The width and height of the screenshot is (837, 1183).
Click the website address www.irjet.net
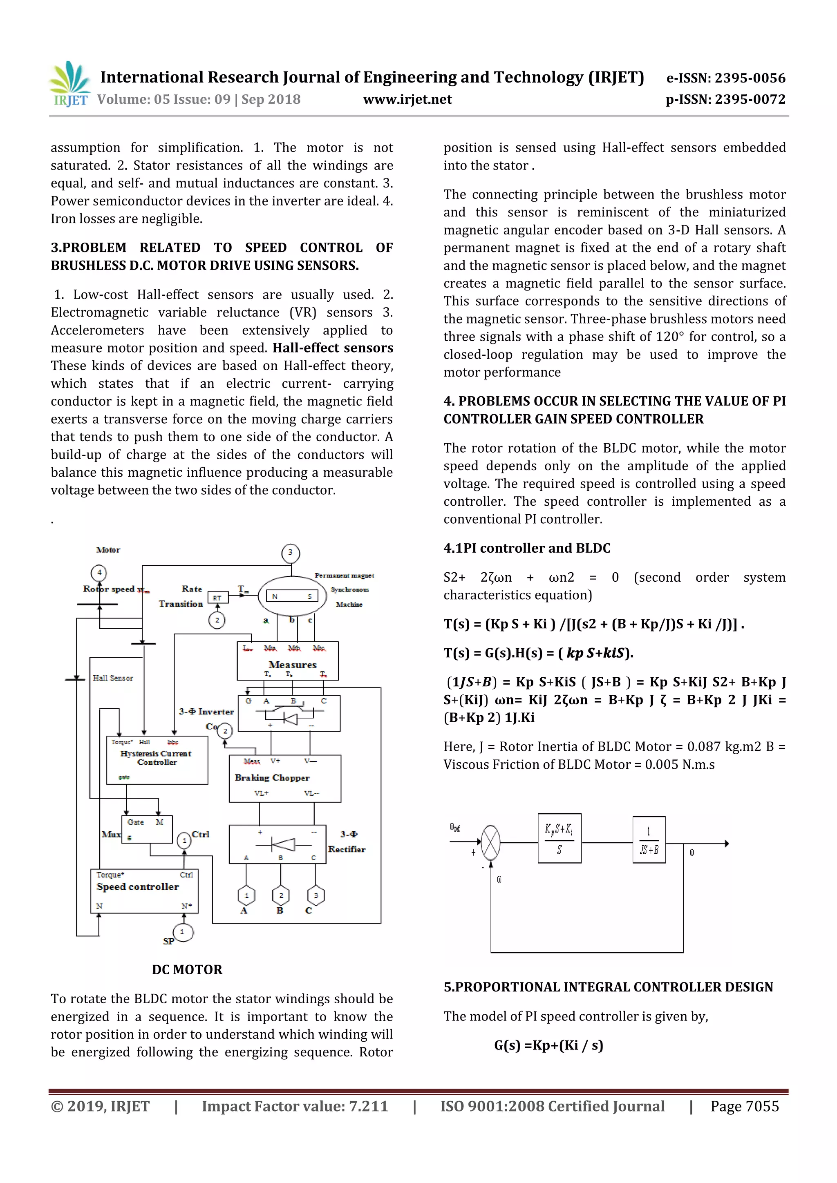pos(407,99)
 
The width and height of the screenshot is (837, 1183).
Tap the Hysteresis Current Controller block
pos(157,759)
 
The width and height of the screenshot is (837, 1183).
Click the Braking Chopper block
pos(284,778)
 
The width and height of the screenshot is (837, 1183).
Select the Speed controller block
pos(144,891)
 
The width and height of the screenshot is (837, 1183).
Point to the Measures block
pos(288,661)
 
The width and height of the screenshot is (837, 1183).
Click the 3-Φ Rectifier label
pos(347,841)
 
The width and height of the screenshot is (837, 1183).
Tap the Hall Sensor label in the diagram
pos(113,678)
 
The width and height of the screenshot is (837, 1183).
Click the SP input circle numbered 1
pos(182,931)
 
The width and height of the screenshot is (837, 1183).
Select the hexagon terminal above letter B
pos(281,895)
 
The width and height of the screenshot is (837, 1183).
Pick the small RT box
pos(217,598)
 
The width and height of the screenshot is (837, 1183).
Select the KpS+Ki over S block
pos(559,838)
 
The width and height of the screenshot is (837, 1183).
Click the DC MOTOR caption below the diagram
pos(187,970)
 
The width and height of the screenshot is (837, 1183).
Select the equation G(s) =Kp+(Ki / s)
pos(548,1045)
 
